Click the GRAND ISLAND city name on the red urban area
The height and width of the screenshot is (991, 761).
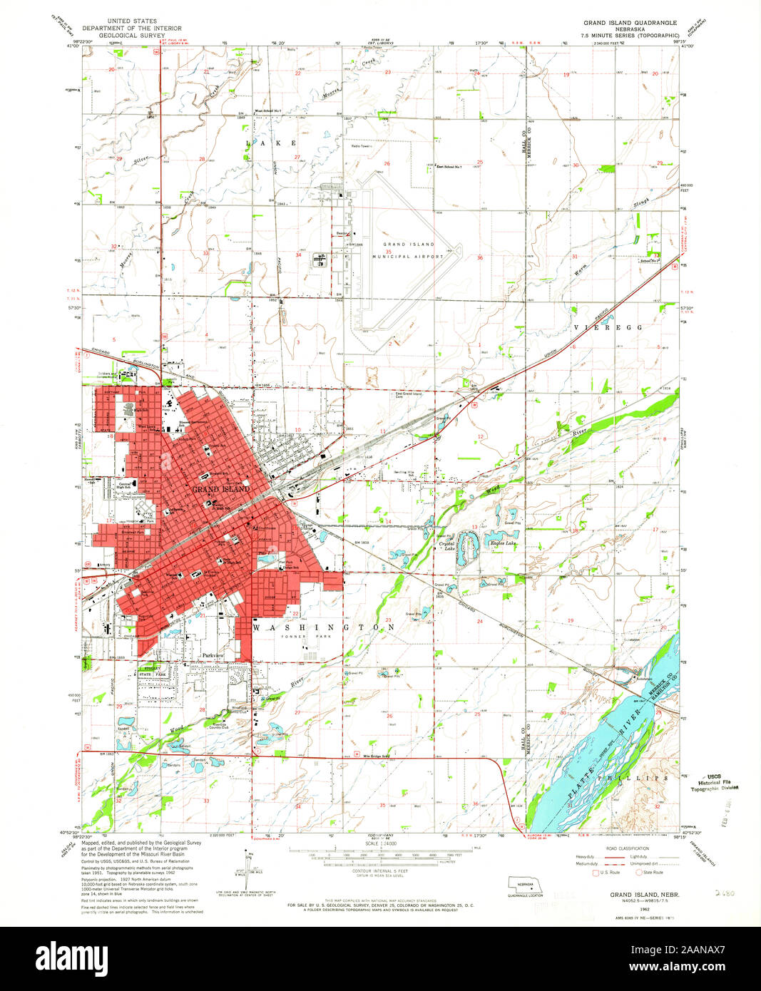tap(220, 489)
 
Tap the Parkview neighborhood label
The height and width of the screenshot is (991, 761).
tap(213, 654)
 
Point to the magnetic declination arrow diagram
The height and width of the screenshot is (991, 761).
tap(246, 864)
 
